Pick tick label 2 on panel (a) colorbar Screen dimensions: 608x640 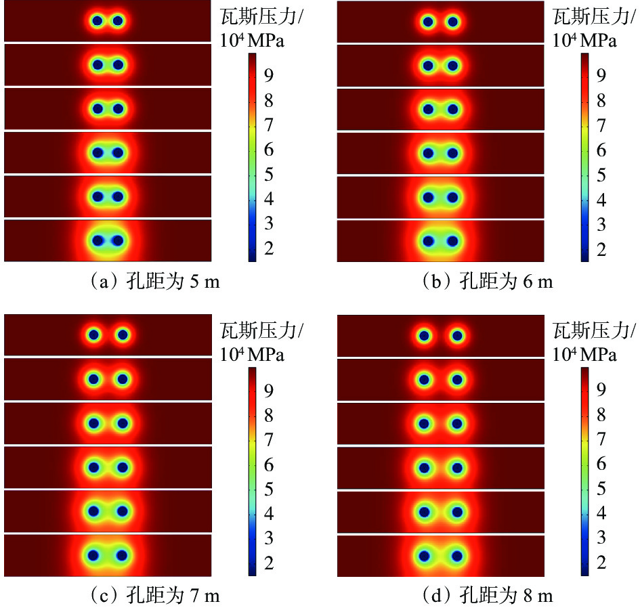[x=269, y=248]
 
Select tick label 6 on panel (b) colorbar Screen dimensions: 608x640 [x=601, y=150]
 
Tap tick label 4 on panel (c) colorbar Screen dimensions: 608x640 [x=269, y=514]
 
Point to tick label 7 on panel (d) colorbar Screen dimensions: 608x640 [x=601, y=439]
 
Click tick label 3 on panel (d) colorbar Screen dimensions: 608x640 [x=601, y=538]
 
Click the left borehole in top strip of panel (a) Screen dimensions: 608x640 [x=98, y=21]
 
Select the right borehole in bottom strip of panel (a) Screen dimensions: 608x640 [x=117, y=240]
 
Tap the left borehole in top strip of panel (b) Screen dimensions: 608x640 [x=428, y=22]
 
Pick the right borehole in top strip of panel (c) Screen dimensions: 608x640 [x=123, y=335]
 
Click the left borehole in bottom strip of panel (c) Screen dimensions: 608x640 [x=93, y=555]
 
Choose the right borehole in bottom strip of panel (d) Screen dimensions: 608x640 [x=457, y=556]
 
